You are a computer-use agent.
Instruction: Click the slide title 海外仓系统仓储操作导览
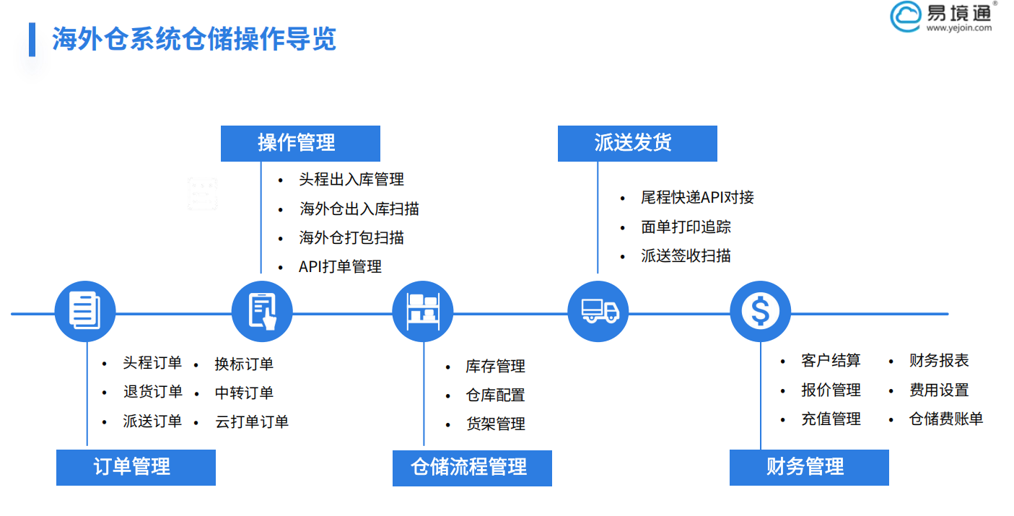point(193,39)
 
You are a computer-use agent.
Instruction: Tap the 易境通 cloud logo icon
point(905,16)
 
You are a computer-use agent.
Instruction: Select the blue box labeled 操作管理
point(300,143)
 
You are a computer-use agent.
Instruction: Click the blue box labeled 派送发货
point(637,143)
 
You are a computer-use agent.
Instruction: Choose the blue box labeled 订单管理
point(136,467)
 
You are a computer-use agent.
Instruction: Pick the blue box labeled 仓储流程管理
point(472,468)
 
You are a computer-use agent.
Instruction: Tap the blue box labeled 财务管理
point(809,467)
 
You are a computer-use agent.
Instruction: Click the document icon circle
point(85,312)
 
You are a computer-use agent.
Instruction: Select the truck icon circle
point(598,312)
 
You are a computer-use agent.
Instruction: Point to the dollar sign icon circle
point(760,312)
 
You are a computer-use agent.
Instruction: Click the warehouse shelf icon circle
point(423,312)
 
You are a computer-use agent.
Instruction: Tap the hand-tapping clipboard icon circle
point(262,312)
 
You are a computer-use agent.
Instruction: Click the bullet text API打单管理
point(340,266)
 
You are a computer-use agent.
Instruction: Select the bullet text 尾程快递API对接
point(697,197)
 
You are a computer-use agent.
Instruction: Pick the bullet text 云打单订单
point(252,422)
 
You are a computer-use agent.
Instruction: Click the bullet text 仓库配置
point(495,395)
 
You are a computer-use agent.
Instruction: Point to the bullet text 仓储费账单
point(945,419)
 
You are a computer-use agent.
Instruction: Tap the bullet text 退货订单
point(152,393)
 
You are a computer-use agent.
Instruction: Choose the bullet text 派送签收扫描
point(686,255)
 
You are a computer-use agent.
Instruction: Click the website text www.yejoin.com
point(959,28)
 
